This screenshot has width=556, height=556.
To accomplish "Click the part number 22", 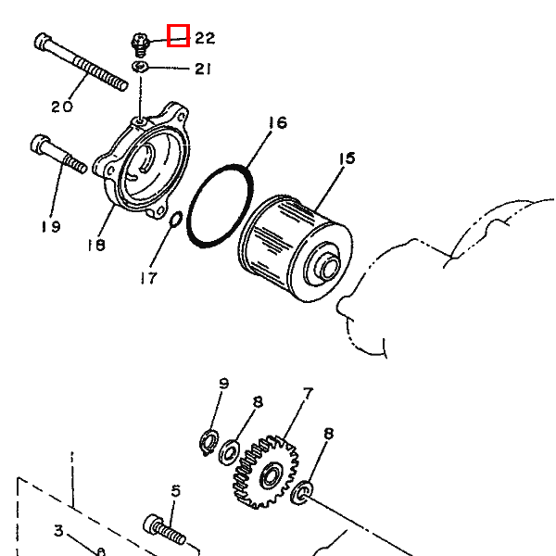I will [x=205, y=38].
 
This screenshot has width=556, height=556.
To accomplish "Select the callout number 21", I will [x=204, y=69].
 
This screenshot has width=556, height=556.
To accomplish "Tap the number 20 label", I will [x=62, y=107].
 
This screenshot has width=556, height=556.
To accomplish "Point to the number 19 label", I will [x=50, y=226].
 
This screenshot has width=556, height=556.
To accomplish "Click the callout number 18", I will [x=95, y=245].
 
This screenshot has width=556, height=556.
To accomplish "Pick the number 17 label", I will [x=149, y=277].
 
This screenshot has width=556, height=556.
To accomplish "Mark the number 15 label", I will [x=347, y=159].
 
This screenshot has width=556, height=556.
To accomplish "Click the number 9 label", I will [x=223, y=384].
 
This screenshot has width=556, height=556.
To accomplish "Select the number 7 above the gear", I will [x=308, y=393].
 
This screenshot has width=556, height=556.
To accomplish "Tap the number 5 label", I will [x=175, y=490].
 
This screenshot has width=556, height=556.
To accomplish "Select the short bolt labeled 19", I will [x=58, y=155].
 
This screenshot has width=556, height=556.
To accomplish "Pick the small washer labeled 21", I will [x=140, y=67].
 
